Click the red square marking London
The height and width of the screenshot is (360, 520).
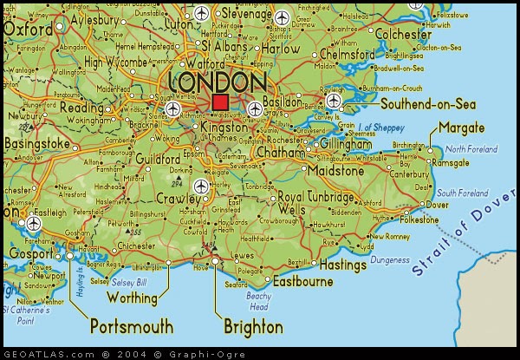[x=220, y=103]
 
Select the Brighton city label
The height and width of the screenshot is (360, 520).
[x=253, y=327]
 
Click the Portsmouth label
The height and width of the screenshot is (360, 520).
[x=132, y=327]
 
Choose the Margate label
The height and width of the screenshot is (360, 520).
[x=462, y=128]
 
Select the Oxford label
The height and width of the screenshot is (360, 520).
[x=28, y=29]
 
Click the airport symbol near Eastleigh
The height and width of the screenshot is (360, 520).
[x=34, y=221]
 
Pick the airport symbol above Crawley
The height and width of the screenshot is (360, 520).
[x=202, y=186]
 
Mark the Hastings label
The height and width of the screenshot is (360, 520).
[x=343, y=264]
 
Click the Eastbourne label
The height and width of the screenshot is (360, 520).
[x=303, y=282]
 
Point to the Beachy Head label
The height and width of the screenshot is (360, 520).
[x=258, y=301]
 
